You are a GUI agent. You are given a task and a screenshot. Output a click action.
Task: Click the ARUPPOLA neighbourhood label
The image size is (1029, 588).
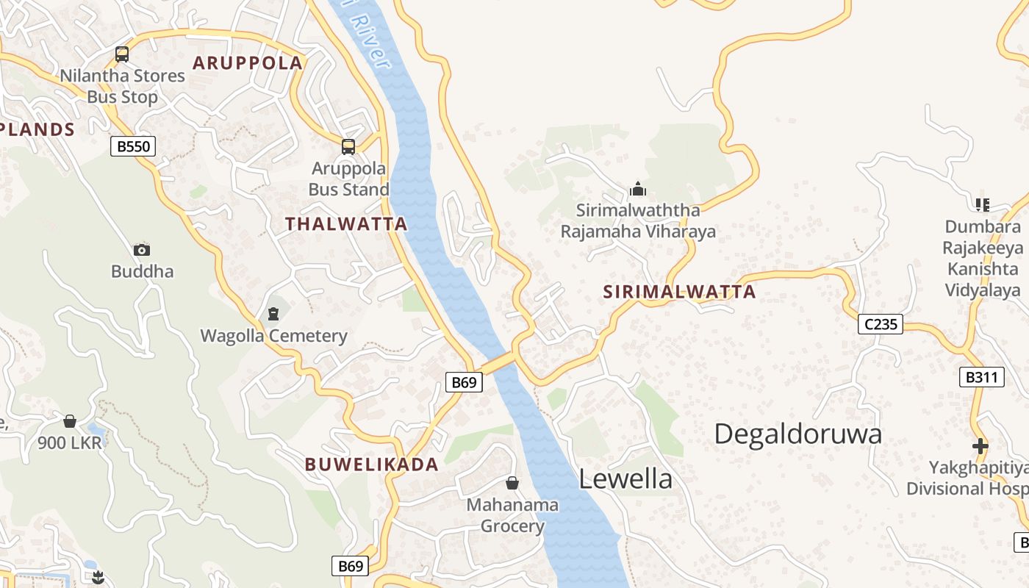(x=248, y=63)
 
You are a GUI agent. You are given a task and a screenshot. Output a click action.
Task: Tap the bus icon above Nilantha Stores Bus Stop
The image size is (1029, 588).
(x=122, y=54)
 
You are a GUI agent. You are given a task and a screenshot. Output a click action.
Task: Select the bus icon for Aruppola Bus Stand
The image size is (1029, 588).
(x=348, y=147)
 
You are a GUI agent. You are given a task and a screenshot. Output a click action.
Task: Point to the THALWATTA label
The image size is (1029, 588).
(x=346, y=224)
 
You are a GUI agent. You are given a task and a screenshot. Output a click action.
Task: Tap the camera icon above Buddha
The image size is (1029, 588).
(x=142, y=251)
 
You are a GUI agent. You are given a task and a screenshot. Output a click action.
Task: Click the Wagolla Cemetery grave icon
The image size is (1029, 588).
(x=273, y=315)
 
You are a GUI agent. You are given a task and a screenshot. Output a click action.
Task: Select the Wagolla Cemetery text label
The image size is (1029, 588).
(x=273, y=337)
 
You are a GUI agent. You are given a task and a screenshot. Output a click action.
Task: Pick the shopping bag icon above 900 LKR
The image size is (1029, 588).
(x=70, y=421)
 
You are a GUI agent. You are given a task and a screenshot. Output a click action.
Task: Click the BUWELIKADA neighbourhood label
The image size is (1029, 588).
(x=371, y=465)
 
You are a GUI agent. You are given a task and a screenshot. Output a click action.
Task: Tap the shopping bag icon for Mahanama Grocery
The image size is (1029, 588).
(x=512, y=483)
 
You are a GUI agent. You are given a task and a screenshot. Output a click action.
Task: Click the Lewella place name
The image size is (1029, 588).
(x=625, y=479)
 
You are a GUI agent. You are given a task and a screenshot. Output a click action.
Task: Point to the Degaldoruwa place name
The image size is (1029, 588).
(x=797, y=434)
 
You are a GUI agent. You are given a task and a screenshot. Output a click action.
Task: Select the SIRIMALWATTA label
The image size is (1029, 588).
(x=679, y=292)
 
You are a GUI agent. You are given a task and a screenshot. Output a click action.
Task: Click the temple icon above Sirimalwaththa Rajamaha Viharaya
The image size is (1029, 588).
(x=638, y=190)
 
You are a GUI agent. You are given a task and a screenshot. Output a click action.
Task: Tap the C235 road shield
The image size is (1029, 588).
(x=880, y=323)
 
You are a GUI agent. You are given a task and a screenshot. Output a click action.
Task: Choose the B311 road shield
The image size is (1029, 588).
(x=981, y=378)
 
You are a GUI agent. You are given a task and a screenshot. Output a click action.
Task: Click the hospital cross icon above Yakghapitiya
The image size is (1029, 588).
(x=980, y=445)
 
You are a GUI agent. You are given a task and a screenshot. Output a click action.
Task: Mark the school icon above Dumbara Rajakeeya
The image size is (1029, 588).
(x=982, y=204)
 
